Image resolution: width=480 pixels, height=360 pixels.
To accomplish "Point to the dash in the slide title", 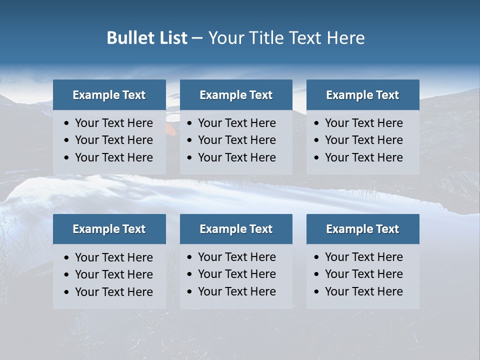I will click(197, 38).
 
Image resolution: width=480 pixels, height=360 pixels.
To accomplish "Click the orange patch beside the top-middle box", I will click(171, 129).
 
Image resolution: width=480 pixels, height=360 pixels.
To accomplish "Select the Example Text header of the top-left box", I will click(109, 95).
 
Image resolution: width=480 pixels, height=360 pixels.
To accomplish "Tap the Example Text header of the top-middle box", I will click(236, 95).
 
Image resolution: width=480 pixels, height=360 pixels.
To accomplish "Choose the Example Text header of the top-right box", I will click(362, 95).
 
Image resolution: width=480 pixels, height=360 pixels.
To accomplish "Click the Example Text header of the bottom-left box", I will click(109, 229).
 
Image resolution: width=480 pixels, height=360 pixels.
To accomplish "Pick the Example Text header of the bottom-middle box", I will click(236, 229).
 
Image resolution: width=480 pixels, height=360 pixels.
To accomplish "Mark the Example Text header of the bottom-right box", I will click(362, 229).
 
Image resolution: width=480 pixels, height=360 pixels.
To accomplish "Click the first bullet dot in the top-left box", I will click(67, 123).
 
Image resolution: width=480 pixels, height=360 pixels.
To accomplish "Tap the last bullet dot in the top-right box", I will click(317, 158).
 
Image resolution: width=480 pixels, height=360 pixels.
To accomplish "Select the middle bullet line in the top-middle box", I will click(236, 140).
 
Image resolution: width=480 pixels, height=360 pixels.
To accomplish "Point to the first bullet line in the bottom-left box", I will click(113, 257).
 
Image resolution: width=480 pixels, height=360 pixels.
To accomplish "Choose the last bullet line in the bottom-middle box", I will click(236, 291).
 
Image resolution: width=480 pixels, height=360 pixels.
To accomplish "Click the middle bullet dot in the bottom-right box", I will click(317, 274).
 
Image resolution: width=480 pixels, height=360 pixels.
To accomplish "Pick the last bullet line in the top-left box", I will click(113, 157).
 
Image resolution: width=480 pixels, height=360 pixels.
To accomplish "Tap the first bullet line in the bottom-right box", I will click(363, 257).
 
